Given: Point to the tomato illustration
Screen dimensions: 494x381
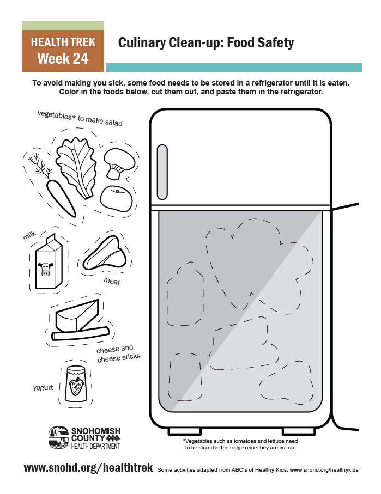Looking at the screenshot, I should click(x=116, y=199).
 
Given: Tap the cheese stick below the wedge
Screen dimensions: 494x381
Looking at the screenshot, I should click(x=81, y=334).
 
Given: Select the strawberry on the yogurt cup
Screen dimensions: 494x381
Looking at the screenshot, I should click(x=76, y=388).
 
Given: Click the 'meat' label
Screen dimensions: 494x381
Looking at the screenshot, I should click(x=112, y=282).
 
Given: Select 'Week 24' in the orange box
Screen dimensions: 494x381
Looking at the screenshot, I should click(x=63, y=58).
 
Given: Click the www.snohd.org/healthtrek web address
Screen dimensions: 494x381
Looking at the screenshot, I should click(x=88, y=468).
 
